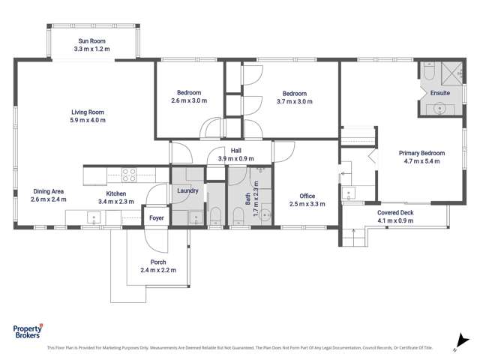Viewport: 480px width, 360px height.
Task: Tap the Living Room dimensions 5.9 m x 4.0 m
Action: click(87, 120)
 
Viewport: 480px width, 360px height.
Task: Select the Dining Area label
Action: click(47, 192)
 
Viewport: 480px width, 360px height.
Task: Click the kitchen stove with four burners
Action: click(130, 175)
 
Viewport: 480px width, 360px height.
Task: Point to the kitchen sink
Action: click(94, 218)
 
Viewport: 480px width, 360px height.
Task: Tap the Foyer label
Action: click(156, 218)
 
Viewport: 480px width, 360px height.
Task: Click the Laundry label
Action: click(187, 190)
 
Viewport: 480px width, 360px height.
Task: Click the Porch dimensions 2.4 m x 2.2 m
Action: click(158, 271)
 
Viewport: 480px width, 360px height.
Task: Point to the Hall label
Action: click(235, 150)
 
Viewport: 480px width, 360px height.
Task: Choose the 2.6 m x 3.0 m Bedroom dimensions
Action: click(189, 100)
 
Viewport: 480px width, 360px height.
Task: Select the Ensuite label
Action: click(439, 93)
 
